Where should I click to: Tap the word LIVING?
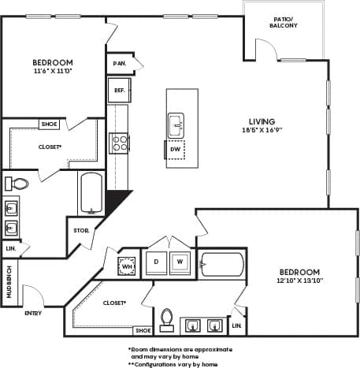(x=262, y=121)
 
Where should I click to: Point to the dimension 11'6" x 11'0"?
(x=53, y=72)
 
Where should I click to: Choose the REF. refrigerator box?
(x=119, y=90)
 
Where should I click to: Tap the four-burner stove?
(x=120, y=143)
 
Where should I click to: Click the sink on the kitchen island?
(x=176, y=124)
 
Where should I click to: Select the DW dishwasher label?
(x=175, y=149)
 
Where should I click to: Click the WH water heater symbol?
(x=127, y=266)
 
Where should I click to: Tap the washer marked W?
(x=180, y=262)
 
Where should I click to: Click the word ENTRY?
(x=34, y=313)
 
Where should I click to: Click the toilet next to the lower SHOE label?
(x=166, y=318)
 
